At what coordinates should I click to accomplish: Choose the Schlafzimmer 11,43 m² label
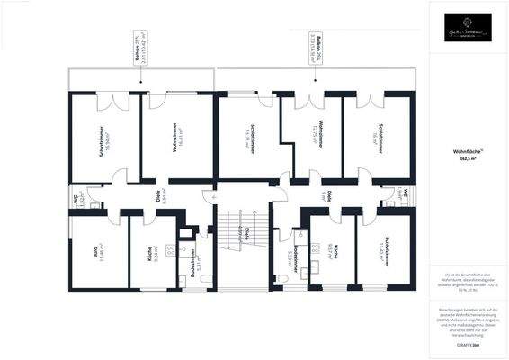point(388,254)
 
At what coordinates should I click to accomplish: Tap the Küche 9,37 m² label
point(335,254)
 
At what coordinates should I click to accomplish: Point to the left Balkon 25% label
point(140,51)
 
